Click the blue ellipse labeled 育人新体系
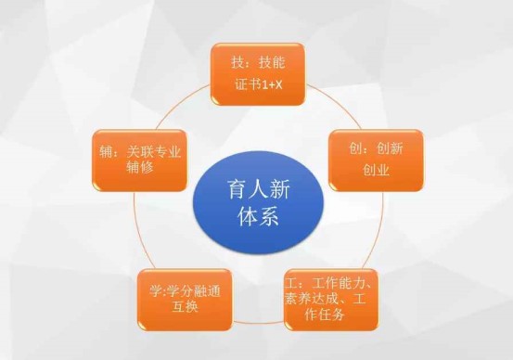(x=259, y=202)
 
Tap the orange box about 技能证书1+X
(x=258, y=74)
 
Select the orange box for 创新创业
(x=376, y=161)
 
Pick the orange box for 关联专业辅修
(x=140, y=161)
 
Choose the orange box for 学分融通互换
(x=185, y=300)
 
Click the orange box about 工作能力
(x=331, y=300)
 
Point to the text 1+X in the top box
(x=272, y=85)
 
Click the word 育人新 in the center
(x=259, y=189)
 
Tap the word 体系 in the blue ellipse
(x=259, y=216)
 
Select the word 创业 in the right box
(x=376, y=170)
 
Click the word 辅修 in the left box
(x=140, y=168)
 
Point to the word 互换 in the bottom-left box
(x=186, y=307)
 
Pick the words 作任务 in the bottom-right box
(x=325, y=315)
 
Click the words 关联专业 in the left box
(x=154, y=152)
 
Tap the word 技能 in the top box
(x=272, y=62)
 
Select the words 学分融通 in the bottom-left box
(x=194, y=291)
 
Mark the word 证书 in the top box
(x=248, y=85)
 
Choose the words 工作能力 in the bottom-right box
(x=339, y=283)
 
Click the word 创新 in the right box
(x=390, y=148)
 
